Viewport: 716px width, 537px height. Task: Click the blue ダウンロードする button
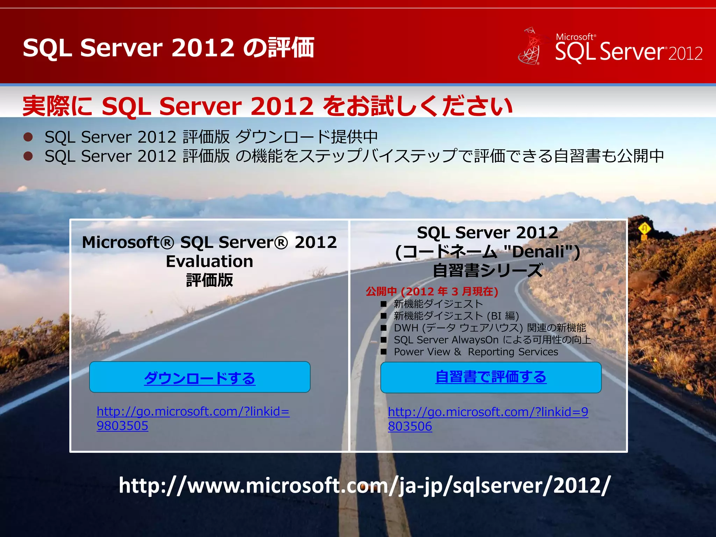pyautogui.click(x=200, y=378)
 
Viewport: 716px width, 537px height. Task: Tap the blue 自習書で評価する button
pyautogui.click(x=491, y=377)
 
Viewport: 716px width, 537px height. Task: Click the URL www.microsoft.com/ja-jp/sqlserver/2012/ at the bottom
pyautogui.click(x=365, y=486)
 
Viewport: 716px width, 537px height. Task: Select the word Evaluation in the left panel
pyautogui.click(x=209, y=262)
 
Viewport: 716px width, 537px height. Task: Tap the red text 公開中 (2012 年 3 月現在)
pyautogui.click(x=432, y=291)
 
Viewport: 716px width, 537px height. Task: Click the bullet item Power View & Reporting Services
pyautogui.click(x=475, y=352)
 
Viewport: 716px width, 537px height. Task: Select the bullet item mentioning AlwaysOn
pyautogui.click(x=492, y=340)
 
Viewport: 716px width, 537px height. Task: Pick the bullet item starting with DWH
pyautogui.click(x=489, y=328)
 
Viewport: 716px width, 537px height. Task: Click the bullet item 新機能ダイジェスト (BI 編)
pyautogui.click(x=456, y=316)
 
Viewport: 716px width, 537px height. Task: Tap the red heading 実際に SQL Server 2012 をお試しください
pyautogui.click(x=267, y=106)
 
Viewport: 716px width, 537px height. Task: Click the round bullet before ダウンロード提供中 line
pyautogui.click(x=28, y=137)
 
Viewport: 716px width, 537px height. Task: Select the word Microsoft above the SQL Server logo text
pyautogui.click(x=574, y=37)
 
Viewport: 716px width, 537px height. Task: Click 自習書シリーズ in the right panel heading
pyautogui.click(x=488, y=271)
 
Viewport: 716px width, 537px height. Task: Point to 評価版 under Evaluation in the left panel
pyautogui.click(x=209, y=280)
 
